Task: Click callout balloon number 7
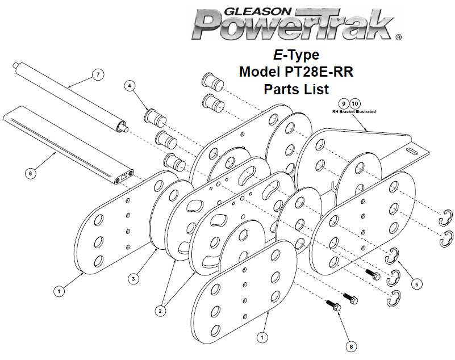(98, 74)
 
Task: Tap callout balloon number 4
(130, 86)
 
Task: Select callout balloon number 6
(31, 174)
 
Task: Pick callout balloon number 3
(133, 279)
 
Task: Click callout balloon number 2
(160, 311)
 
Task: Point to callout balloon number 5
(417, 284)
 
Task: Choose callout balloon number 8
(351, 346)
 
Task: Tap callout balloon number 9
(344, 103)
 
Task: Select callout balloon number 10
(355, 103)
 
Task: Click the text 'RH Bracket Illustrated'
(354, 112)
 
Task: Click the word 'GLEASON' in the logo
(257, 11)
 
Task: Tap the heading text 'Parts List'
(297, 89)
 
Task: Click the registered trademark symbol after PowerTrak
(399, 37)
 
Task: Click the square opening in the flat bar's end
(124, 175)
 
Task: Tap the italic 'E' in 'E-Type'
(278, 55)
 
